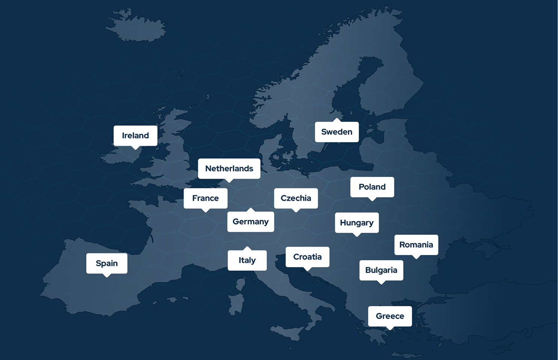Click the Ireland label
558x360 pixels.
click(x=135, y=135)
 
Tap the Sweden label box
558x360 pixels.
click(x=337, y=132)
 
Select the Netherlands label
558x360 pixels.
click(x=229, y=169)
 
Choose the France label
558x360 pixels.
click(x=205, y=198)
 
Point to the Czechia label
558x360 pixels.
click(x=296, y=198)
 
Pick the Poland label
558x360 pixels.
click(x=372, y=187)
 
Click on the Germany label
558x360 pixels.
click(x=250, y=222)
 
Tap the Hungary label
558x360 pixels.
click(x=356, y=223)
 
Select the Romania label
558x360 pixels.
click(x=416, y=245)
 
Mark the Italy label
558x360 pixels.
click(x=247, y=260)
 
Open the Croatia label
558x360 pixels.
click(x=307, y=257)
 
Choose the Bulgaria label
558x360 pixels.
click(x=381, y=270)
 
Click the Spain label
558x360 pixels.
click(x=107, y=263)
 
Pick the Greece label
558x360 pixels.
click(x=390, y=316)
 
